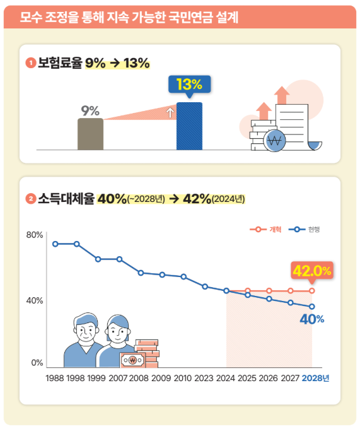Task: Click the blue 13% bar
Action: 189,126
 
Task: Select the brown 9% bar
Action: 90,134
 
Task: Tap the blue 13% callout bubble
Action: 189,85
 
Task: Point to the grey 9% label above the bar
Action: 91,111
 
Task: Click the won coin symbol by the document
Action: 274,141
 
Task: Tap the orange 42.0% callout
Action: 311,271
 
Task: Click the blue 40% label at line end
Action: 311,319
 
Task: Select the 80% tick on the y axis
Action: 35,235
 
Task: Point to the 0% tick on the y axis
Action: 37,363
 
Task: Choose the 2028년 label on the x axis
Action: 316,378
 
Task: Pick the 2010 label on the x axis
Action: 183,378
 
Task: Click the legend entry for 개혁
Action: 269,229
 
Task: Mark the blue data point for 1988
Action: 55,244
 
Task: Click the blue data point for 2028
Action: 311,307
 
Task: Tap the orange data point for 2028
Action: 311,291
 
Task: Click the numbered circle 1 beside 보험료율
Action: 30,63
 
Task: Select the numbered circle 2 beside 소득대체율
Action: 30,199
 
